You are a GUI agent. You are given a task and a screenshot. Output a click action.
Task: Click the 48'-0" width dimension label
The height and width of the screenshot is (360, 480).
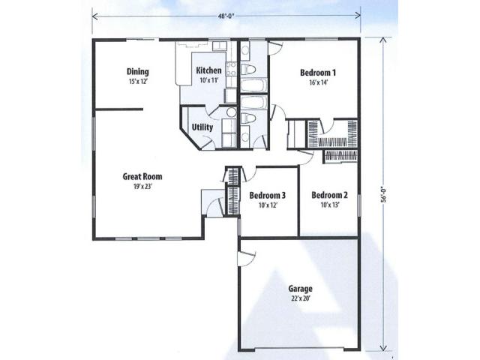pyautogui.click(x=226, y=16)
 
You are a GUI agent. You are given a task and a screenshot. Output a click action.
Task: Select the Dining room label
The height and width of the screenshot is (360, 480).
pyautogui.click(x=138, y=72)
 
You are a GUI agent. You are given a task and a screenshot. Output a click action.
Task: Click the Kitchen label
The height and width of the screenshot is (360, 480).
pyautogui.click(x=208, y=70)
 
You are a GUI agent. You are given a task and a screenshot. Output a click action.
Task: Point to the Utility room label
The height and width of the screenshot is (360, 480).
pyautogui.click(x=202, y=127)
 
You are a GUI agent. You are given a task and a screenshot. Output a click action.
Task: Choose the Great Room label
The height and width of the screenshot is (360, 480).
pyautogui.click(x=142, y=177)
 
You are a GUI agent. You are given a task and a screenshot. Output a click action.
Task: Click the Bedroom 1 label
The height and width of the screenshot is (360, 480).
pyautogui.click(x=318, y=73)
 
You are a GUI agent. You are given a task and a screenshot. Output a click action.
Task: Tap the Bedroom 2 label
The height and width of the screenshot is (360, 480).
pyautogui.click(x=329, y=195)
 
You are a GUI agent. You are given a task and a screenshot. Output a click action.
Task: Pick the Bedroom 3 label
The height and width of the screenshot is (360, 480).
pyautogui.click(x=268, y=195)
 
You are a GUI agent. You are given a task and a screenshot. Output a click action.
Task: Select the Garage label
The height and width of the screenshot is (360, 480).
pyautogui.click(x=300, y=289)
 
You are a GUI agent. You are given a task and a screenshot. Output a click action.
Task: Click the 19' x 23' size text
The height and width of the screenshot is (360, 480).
pyautogui.click(x=142, y=187)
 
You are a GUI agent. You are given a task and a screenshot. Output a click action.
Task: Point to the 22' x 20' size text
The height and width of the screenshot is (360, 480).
pyautogui.click(x=301, y=298)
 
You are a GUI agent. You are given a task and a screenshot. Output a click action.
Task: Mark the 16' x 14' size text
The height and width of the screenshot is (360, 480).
pyautogui.click(x=318, y=82)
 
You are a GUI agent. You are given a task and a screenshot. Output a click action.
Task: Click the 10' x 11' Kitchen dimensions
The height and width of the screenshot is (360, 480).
pyautogui.click(x=208, y=80)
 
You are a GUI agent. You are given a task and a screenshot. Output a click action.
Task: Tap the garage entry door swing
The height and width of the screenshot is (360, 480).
pyautogui.click(x=247, y=259)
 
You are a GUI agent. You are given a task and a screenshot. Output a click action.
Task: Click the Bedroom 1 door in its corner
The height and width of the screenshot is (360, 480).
pyautogui.click(x=275, y=48)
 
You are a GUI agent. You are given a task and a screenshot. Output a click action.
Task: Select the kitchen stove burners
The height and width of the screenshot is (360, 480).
pyautogui.click(x=231, y=69)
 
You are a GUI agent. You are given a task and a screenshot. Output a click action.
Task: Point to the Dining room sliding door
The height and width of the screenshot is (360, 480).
pyautogui.click(x=142, y=39)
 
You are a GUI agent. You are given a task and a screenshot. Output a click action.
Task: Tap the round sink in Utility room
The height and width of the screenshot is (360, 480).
pyautogui.click(x=232, y=112)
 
